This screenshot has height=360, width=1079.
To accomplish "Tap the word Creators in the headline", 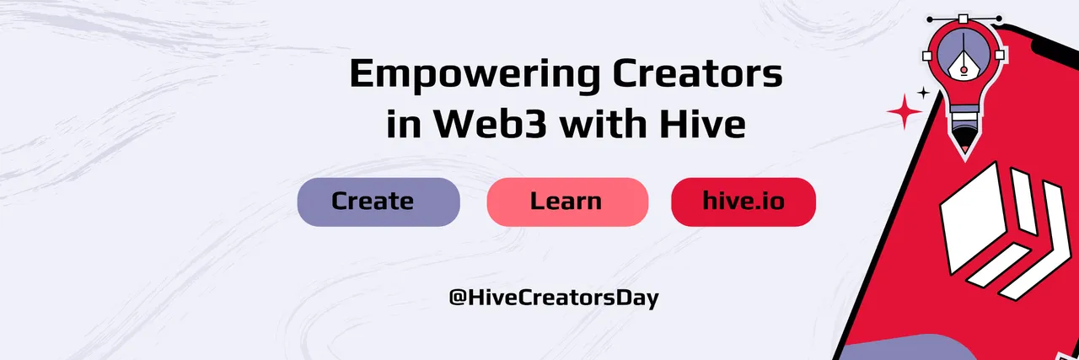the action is [x=697, y=73].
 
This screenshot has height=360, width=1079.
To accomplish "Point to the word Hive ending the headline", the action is [x=702, y=123].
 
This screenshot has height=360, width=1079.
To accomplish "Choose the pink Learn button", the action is [x=567, y=202].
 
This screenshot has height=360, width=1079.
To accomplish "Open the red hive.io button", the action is [x=743, y=202].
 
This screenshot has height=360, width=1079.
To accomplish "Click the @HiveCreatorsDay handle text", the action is [x=554, y=298].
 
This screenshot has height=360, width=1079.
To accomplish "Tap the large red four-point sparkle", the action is [x=905, y=111].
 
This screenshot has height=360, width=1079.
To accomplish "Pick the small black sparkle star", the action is [x=923, y=92].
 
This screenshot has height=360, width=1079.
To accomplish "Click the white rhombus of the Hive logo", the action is [x=973, y=218].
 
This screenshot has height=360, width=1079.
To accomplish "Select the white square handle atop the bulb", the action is [x=963, y=19].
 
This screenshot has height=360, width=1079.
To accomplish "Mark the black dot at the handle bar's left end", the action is [x=930, y=19].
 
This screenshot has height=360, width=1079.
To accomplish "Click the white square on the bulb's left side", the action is [x=926, y=56].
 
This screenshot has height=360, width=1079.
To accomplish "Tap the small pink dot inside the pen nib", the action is [x=964, y=70].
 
